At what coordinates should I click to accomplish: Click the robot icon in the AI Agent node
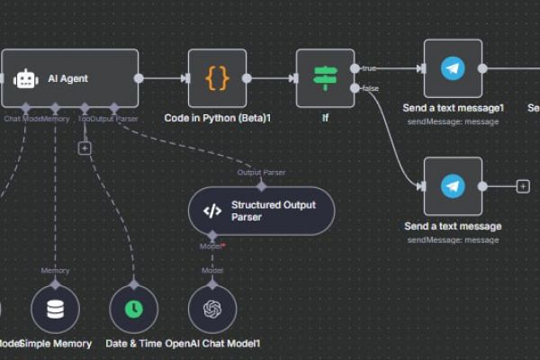25,78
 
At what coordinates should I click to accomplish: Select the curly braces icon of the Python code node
217,78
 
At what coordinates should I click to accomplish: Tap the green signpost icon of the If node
325,78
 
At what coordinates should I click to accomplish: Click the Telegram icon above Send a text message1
453,68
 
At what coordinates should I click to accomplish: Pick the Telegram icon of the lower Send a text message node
453,186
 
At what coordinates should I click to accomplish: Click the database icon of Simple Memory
56,309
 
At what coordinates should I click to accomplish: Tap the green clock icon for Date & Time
133,309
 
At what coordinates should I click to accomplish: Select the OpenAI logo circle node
212,309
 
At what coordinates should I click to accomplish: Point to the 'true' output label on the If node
369,68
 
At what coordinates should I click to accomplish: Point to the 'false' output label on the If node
369,88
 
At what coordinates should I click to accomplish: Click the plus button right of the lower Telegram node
522,186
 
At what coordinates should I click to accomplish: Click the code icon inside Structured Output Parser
211,211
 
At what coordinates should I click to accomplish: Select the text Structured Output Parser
270,211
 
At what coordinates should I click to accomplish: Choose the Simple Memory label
56,344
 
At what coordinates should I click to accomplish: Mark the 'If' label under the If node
325,118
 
